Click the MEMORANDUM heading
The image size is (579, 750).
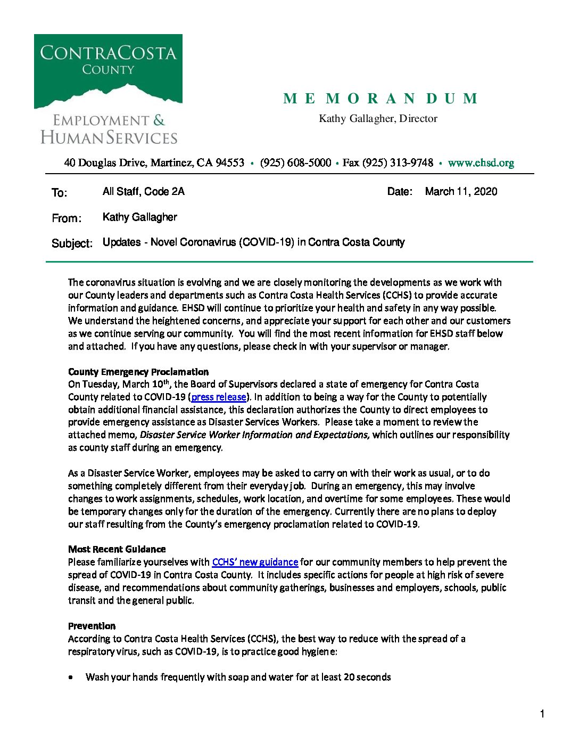[380, 99]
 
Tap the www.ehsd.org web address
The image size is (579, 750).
[481, 163]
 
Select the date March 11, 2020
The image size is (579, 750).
[461, 192]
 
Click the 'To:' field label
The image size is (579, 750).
[60, 193]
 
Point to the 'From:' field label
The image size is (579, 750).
[67, 218]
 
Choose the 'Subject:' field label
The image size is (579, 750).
[72, 243]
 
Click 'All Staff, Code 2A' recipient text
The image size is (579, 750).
[143, 192]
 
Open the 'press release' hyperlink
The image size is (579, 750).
[218, 397]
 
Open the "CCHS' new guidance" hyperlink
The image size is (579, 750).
[255, 562]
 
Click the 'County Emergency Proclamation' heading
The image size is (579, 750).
[138, 372]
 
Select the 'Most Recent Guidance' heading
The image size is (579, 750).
[117, 549]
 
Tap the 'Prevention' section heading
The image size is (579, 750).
[92, 626]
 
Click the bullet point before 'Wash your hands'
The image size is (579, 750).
[71, 678]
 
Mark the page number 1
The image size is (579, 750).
[542, 714]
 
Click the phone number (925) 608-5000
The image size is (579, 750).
[295, 163]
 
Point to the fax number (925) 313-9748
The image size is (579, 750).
[398, 163]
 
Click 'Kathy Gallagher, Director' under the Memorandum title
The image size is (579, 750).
[378, 119]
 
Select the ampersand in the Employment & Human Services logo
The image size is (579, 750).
[159, 120]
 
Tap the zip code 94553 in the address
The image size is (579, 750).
[229, 163]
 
